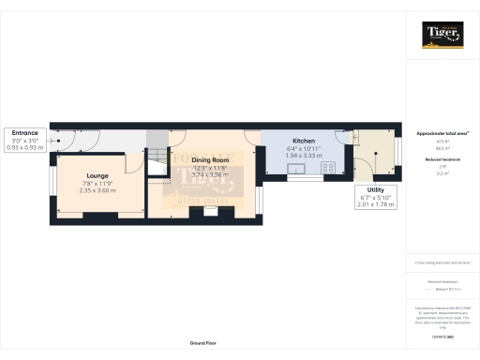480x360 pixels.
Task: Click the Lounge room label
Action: point(97,175)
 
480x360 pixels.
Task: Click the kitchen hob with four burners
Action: point(330,169)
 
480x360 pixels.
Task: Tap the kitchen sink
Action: point(299,170)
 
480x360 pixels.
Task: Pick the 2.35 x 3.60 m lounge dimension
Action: point(97,190)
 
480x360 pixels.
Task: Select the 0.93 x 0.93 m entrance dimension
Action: point(24,147)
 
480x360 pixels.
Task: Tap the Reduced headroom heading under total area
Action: point(441,160)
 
